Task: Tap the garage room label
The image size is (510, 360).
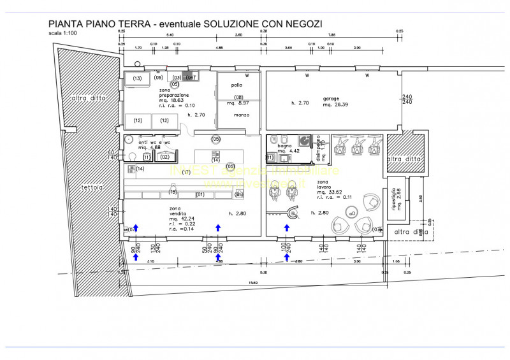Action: coord(331,99)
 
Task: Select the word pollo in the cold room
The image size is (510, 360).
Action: coord(237,85)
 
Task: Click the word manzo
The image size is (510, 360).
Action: coord(236,115)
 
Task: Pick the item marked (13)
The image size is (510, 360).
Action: coord(136,78)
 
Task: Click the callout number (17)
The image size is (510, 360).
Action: coord(187,173)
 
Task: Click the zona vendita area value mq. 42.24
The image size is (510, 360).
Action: coord(180,217)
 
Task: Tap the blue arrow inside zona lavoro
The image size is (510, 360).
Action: coord(287,227)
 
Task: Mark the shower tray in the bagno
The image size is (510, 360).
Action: coord(305,141)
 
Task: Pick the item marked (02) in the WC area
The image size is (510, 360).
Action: coord(164,156)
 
